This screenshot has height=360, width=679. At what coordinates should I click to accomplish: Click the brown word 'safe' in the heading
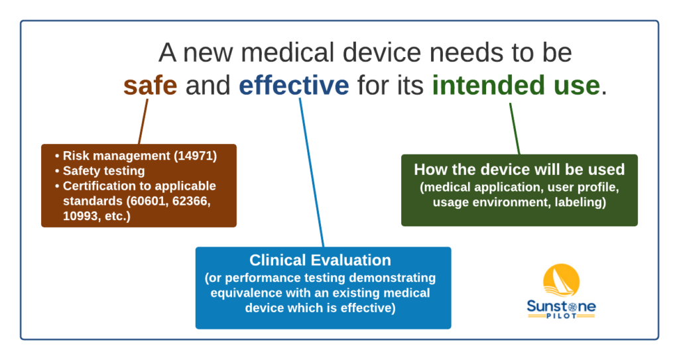[x=151, y=86]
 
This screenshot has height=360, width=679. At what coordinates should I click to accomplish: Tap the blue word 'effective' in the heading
[x=294, y=86]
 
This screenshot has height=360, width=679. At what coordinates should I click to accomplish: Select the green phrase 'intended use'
[x=516, y=86]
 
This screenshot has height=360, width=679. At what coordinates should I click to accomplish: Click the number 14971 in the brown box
[x=196, y=156]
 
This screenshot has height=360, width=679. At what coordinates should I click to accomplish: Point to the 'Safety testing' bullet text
[x=104, y=170]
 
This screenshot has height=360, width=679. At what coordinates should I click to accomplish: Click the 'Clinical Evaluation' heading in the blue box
[x=320, y=260]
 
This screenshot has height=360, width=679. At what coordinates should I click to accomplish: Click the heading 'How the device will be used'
[x=519, y=169]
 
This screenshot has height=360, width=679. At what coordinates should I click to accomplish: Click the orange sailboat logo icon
[x=561, y=280]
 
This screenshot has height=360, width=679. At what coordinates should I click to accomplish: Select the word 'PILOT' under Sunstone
[x=561, y=316]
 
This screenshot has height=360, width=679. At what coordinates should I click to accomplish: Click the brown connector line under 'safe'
[x=143, y=121]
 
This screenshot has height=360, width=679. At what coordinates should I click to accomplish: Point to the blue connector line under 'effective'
[x=312, y=172]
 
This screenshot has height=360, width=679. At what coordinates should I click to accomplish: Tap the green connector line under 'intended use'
[x=515, y=129]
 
